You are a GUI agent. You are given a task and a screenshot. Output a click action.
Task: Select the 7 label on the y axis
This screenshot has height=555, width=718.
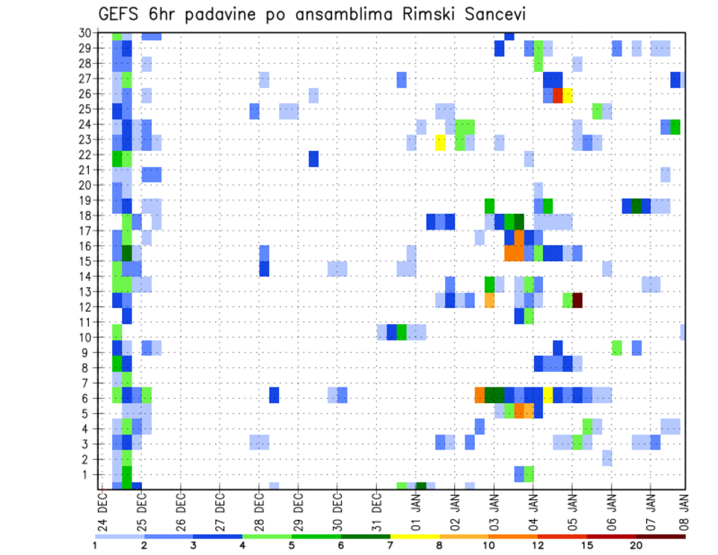87,383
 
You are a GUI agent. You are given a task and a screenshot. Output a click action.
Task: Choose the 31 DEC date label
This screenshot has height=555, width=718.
376,512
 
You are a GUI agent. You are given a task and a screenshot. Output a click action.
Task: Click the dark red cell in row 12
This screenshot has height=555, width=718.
577,300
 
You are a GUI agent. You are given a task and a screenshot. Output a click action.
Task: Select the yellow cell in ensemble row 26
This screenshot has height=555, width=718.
568,95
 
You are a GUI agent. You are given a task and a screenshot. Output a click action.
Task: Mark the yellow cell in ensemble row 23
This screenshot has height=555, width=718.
440,142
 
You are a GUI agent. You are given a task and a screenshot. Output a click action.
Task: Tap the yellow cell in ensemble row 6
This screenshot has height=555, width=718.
548,394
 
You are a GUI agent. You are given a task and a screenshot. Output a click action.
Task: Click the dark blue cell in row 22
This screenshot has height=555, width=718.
313,159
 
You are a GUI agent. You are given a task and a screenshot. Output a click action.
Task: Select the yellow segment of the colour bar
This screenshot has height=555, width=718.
414,536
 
